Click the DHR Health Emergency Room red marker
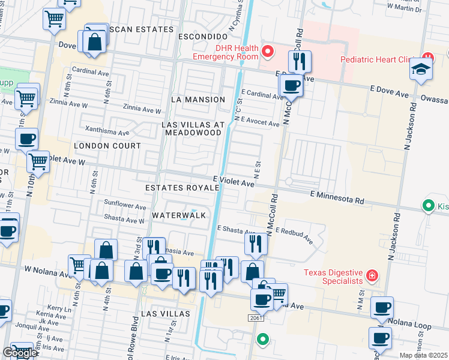point(267,52)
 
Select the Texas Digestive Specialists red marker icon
point(372,276)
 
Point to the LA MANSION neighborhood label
point(197,99)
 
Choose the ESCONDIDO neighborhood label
point(202,37)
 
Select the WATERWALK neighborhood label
point(179,215)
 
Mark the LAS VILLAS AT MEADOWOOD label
point(194,128)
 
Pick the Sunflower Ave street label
point(125,206)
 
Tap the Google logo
point(19,353)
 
